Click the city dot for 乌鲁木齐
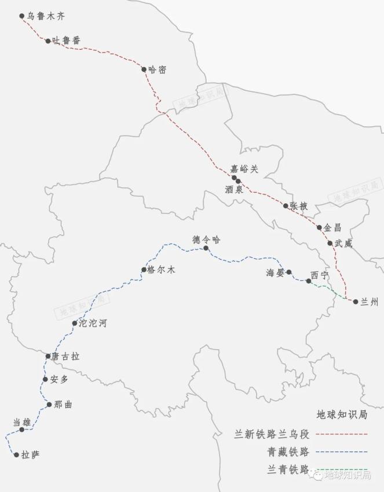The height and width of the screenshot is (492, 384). coord(22,16)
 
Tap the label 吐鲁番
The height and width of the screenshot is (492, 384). coord(67,41)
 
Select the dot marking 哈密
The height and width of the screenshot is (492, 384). coord(144,69)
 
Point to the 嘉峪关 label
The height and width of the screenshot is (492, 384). coord(244,169)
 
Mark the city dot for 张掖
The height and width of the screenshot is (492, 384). coord(286,205)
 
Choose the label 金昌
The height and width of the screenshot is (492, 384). coord(334,227)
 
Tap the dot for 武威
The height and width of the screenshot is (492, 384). coord(330,243)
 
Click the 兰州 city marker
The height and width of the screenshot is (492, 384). coord(356,302)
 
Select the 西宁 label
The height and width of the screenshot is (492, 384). coord(320,275)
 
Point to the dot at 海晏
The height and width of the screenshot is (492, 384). coord(289,272)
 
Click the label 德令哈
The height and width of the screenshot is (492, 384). coord(207,240)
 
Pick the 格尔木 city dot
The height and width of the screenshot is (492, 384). coord(144,270)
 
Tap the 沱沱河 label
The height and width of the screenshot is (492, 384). coord(93,323)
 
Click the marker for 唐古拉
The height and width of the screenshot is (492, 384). coord(49,356)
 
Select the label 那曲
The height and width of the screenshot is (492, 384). coord(63,405)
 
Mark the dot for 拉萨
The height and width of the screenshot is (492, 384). coord(17,455)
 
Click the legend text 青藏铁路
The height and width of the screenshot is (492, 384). coord(287,451)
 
